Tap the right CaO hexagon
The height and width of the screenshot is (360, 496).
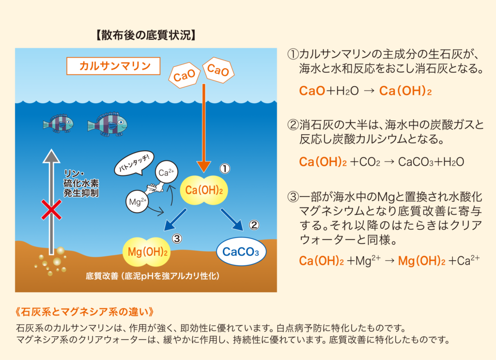(217, 71)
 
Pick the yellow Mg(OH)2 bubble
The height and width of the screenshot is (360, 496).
(148, 252)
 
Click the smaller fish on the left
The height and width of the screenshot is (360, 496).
(58, 124)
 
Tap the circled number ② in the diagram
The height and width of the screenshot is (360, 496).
(255, 225)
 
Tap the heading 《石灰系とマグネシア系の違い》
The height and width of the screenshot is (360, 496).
(85, 310)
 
